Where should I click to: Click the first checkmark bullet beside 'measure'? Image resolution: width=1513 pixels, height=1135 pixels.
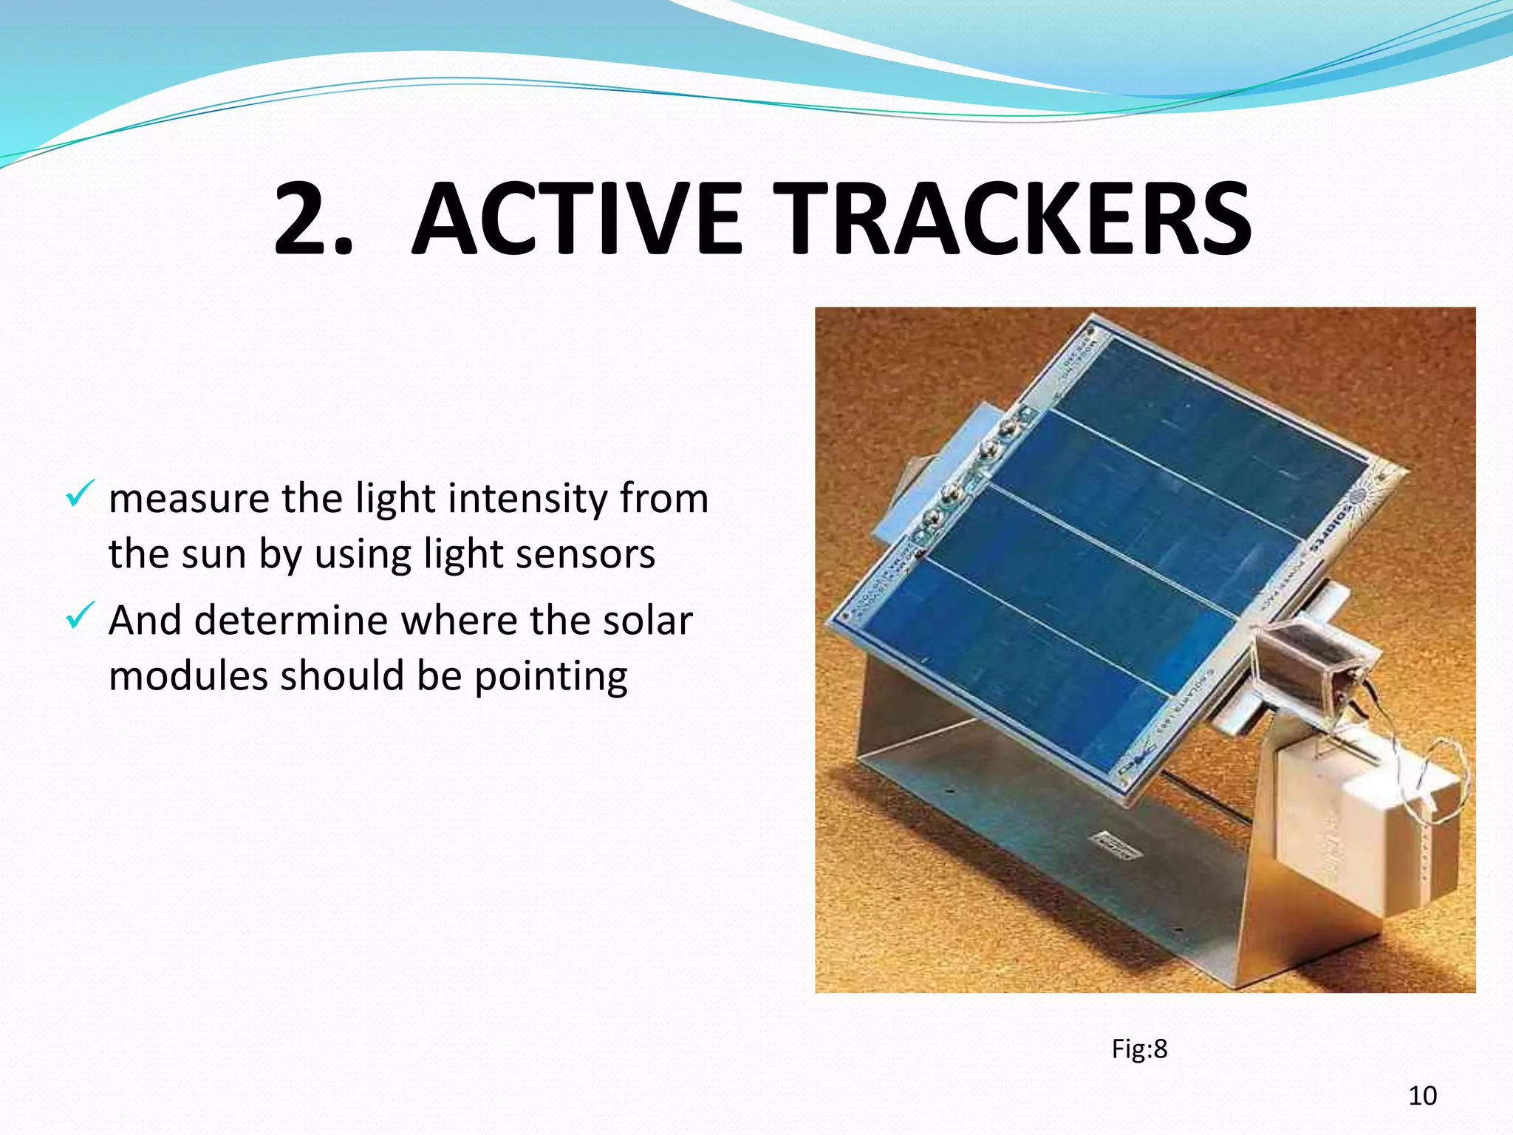coord(79,494)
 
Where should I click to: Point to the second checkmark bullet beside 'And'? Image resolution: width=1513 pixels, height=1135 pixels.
coord(79,615)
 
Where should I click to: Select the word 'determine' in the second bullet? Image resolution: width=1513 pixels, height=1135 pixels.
coord(290,620)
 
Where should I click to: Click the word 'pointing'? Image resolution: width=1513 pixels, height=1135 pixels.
coord(550,676)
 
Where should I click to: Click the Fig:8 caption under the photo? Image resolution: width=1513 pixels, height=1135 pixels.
coord(1139,1049)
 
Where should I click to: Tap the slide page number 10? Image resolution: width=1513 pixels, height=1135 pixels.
coord(1422,1096)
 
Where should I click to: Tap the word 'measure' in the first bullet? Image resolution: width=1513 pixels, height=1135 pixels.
coord(189,498)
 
